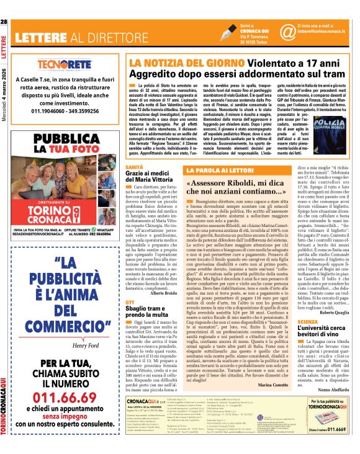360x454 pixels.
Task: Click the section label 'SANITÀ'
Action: (134, 167)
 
